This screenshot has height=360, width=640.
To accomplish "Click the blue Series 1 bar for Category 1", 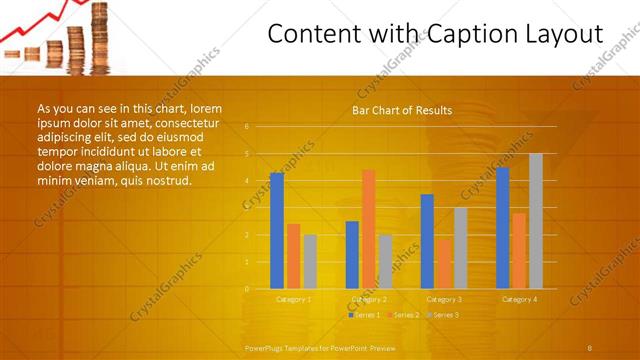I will point(277,231).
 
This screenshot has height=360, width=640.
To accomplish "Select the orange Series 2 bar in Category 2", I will point(369,229).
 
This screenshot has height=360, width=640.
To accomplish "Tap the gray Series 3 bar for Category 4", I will point(536,221).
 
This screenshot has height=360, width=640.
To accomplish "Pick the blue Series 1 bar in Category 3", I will point(427,241).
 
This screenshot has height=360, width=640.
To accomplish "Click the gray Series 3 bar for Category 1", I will point(310,261).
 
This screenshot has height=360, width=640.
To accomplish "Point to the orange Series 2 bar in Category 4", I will point(519,251).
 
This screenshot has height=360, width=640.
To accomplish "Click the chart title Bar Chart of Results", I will point(402,110).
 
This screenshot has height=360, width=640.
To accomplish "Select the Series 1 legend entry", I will point(364,315).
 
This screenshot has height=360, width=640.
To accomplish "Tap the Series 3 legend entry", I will point(442,315).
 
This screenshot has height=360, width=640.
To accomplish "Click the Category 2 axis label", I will point(369,299).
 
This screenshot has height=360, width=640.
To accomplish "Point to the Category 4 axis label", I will point(519,299).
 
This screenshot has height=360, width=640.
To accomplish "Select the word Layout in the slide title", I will point(565,35).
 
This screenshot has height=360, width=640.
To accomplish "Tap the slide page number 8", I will point(590,347).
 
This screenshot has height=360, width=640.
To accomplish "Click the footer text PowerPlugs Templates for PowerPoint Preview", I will point(320,347).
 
